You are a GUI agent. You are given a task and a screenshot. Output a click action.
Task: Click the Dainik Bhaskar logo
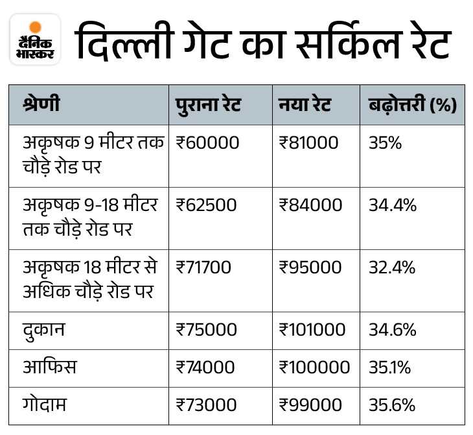point(35,40)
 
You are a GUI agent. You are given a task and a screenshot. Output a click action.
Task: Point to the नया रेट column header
point(305,105)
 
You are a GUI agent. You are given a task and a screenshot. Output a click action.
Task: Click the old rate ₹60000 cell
point(207,143)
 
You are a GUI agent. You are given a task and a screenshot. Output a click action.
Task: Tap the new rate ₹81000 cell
point(308,143)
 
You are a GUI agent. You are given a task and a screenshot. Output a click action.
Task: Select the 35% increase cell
point(385,143)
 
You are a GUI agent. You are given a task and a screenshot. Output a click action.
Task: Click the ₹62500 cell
point(207,205)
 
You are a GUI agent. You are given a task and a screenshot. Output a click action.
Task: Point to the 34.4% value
point(393,205)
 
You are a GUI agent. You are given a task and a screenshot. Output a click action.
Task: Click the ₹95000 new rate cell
point(310,267)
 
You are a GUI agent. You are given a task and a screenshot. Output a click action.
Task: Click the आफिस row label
point(49,367)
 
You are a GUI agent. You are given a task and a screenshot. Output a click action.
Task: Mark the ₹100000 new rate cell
point(315,367)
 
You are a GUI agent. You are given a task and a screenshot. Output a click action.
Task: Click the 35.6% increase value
point(392,405)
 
